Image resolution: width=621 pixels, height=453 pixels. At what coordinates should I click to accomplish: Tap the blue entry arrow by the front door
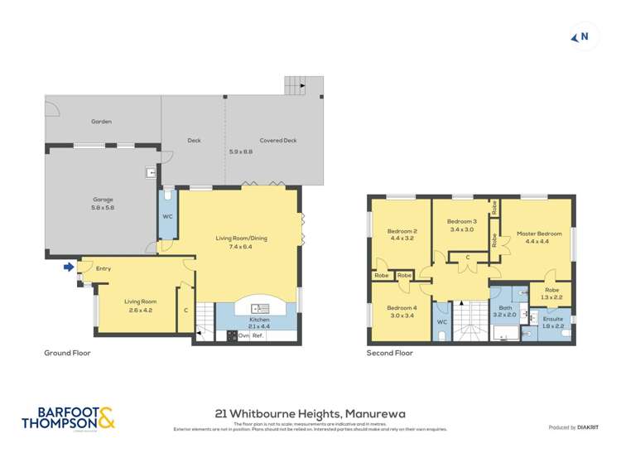click(68, 267)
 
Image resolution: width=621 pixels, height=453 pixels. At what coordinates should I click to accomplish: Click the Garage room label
click(103, 200)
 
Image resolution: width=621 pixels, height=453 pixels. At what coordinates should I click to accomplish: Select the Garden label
click(101, 122)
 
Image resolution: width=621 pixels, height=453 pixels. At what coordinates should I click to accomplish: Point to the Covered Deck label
click(277, 141)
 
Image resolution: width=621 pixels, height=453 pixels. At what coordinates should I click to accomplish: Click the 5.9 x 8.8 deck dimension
click(241, 152)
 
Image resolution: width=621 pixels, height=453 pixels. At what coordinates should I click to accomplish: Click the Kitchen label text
click(260, 319)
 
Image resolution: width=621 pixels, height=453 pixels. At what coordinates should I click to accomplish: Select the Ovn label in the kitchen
click(243, 336)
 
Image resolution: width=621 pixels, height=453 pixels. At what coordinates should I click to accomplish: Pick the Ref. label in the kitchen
click(258, 336)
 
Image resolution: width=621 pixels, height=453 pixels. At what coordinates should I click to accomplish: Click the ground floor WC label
click(166, 217)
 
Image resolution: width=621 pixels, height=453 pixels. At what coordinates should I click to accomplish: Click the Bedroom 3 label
click(462, 222)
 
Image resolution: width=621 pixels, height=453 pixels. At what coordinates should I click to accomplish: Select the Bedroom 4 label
click(402, 308)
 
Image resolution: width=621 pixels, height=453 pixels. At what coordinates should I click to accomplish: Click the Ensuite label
click(552, 319)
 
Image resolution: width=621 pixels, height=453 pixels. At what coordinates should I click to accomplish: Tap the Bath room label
click(504, 308)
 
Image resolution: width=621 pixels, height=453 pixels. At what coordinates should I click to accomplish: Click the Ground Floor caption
click(67, 353)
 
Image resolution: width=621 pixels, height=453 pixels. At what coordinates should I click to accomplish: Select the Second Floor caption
click(389, 353)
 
